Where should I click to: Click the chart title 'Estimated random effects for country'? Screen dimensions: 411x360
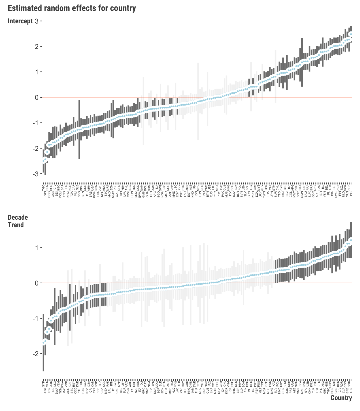tap(72, 9)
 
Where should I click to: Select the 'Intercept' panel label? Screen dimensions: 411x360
tap(20, 21)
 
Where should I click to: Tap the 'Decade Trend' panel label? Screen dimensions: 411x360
tap(18, 221)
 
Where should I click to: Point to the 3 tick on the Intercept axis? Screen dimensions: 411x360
tap(37, 21)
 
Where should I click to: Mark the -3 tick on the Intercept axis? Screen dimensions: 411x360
tap(35, 174)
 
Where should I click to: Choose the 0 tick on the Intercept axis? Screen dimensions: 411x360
tap(37, 97)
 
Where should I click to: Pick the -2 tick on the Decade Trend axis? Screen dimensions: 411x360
tap(35, 354)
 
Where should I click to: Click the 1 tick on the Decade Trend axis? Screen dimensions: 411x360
tap(37, 248)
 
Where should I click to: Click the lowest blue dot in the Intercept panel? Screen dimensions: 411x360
tap(43, 161)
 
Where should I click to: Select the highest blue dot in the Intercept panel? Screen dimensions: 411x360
tap(351, 34)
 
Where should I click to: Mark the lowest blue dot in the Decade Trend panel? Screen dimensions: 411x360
tap(43, 343)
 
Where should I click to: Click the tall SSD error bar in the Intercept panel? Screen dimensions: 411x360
tap(79, 130)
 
